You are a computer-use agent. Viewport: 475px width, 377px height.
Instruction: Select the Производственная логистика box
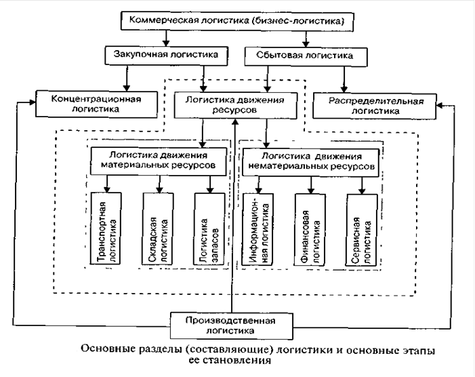coord(233,325)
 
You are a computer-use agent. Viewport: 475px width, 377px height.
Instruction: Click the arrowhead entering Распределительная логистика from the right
coord(438,104)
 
